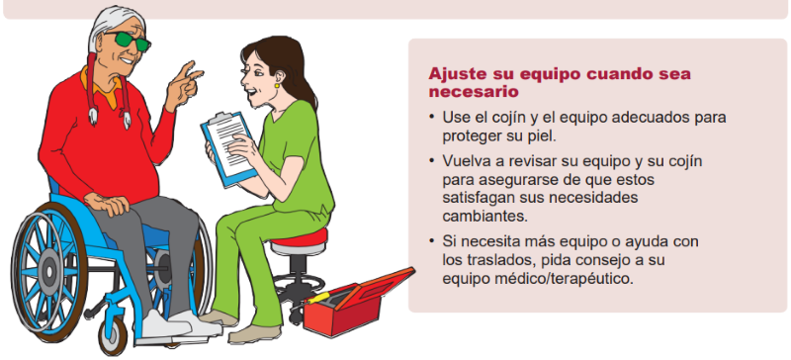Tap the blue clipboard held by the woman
pyautogui.click(x=227, y=149)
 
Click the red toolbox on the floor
pyautogui.click(x=358, y=302)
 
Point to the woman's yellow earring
pyautogui.click(x=277, y=86)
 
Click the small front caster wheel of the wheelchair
pyautogui.click(x=113, y=335)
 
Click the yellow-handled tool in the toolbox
pyautogui.click(x=320, y=298)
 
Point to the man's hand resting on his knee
pyautogui.click(x=107, y=203)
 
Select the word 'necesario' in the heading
pyautogui.click(x=474, y=92)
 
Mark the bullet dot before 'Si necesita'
pyautogui.click(x=432, y=241)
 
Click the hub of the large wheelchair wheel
pyautogui.click(x=48, y=273)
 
